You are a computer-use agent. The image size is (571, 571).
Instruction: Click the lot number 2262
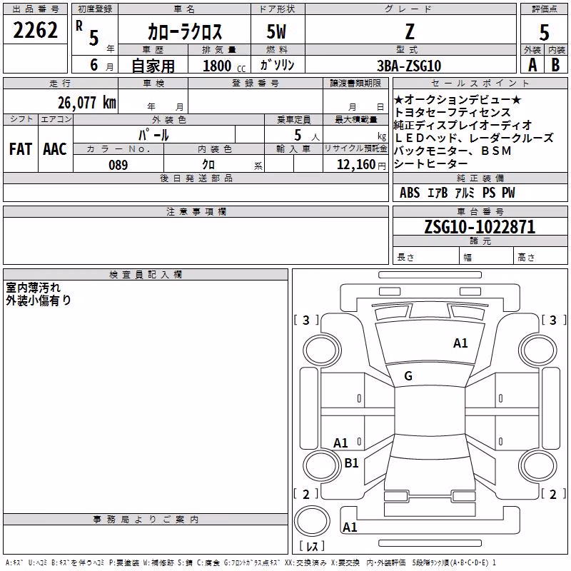35,30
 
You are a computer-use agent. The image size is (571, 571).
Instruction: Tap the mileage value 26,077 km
87,103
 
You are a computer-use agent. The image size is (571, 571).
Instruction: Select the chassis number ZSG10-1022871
480,227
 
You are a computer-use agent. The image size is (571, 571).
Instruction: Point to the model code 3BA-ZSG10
409,66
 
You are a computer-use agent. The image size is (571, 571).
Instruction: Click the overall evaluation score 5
544,33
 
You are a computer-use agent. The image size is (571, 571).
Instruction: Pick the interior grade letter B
555,65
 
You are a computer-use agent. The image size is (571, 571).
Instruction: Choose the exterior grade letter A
532,65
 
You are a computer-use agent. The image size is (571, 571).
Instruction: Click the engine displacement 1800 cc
224,66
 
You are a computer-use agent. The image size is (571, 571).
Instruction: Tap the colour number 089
118,165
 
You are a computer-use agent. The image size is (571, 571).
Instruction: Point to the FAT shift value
21,149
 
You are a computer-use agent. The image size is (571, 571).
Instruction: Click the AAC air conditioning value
55,149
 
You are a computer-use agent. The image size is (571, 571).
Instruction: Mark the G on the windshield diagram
408,376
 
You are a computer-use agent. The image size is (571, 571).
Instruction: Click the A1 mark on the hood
460,343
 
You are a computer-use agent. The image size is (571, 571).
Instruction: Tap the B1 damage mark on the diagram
351,463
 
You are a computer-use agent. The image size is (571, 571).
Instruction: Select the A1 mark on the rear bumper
350,527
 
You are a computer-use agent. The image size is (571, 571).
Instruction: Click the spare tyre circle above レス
312,521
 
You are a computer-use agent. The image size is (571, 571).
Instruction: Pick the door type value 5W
276,31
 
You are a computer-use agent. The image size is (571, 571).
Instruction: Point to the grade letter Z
410,31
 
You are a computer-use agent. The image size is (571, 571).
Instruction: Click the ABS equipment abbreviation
410,193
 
